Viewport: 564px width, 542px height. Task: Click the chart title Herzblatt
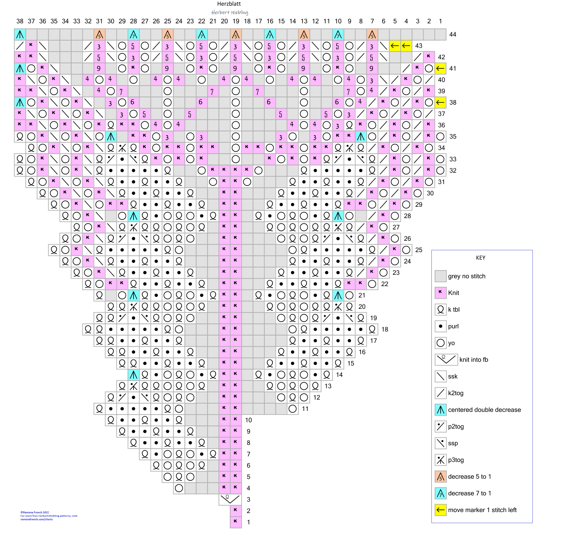(229, 4)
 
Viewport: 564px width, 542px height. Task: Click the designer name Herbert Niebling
(229, 12)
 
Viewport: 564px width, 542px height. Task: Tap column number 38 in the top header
(20, 21)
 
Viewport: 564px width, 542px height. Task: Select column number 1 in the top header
(440, 21)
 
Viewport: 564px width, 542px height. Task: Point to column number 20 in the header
(224, 21)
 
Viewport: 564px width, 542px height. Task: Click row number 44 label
(453, 34)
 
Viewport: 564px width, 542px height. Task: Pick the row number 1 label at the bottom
(248, 522)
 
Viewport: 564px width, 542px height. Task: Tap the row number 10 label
(248, 420)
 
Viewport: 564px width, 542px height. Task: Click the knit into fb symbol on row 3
(230, 499)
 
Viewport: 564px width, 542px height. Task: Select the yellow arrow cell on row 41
(440, 68)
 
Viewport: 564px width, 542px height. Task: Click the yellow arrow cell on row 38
(440, 102)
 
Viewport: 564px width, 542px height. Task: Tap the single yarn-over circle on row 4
(179, 488)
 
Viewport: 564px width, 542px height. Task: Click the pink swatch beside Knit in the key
(440, 293)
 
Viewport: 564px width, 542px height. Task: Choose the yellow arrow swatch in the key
(440, 510)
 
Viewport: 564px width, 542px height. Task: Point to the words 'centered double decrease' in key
(484, 410)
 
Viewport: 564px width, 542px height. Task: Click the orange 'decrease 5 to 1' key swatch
(440, 476)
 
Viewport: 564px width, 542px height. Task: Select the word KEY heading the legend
(480, 258)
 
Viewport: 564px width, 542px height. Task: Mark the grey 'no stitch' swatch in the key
(440, 276)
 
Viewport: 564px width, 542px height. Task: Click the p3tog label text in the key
(456, 460)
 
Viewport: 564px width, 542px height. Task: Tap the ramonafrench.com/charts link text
(37, 519)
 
